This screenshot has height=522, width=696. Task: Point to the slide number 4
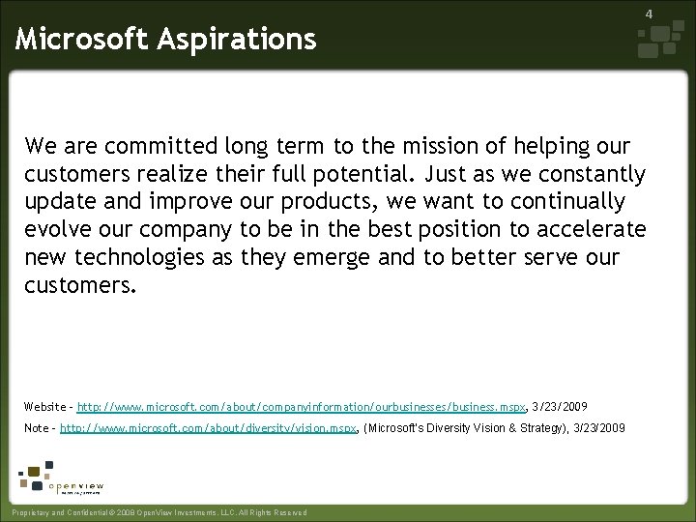coord(676,14)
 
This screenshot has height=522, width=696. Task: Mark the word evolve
coord(56,230)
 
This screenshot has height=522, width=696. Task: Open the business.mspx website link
coord(301,408)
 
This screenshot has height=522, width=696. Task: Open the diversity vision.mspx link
coord(210,428)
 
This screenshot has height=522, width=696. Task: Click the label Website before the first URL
coord(44,408)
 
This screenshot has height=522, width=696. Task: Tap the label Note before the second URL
coord(37,428)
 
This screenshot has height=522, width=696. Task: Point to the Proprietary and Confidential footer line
coord(156,512)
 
